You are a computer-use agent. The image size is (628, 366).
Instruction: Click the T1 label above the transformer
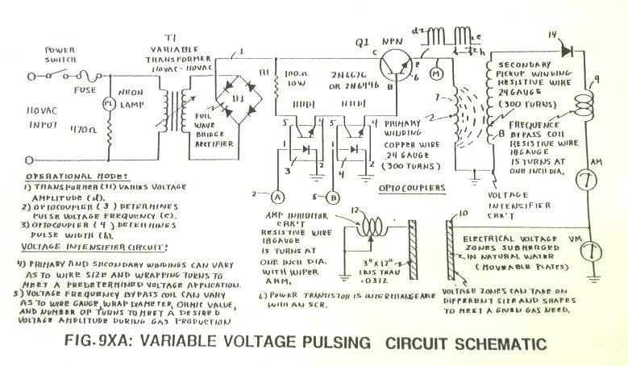pos(168,39)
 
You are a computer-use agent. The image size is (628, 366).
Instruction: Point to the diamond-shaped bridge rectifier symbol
pos(236,98)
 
